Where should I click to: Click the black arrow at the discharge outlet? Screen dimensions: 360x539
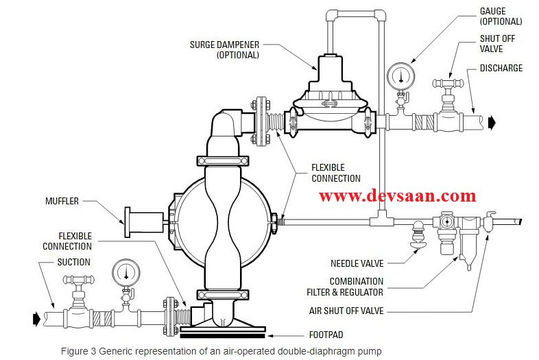pyautogui.click(x=493, y=122)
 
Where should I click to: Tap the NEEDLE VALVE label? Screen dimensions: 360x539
pyautogui.click(x=357, y=263)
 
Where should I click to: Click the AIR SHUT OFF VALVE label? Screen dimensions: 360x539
pyautogui.click(x=347, y=311)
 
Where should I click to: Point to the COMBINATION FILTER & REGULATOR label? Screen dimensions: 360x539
pyautogui.click(x=356, y=286)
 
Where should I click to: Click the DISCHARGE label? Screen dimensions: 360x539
pyautogui.click(x=501, y=68)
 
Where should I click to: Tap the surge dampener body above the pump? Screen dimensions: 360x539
pyautogui.click(x=332, y=103)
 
